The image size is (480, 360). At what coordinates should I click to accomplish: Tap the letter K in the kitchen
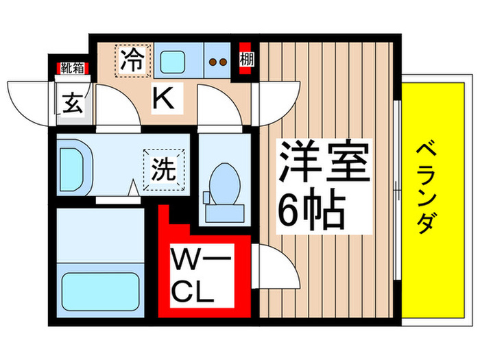[x=163, y=100]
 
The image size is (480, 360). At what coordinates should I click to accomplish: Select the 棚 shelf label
[x=246, y=60]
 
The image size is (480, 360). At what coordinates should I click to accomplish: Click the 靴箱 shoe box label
[x=71, y=68]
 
